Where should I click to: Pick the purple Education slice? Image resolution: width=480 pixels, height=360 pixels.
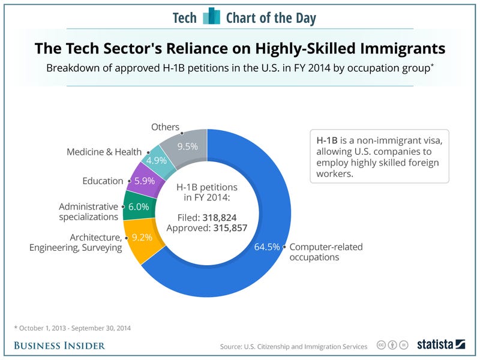(x=144, y=179)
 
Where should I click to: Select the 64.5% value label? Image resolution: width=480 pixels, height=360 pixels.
(x=267, y=246)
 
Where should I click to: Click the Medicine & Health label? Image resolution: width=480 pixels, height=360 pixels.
(x=104, y=152)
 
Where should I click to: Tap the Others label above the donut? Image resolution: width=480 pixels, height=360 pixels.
(x=165, y=127)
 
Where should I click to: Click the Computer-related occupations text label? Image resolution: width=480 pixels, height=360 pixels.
(x=326, y=252)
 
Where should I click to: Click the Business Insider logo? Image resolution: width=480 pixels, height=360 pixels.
(x=59, y=345)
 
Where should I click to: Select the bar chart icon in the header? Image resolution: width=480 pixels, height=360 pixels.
(x=211, y=16)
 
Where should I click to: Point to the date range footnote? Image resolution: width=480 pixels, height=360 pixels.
(x=72, y=328)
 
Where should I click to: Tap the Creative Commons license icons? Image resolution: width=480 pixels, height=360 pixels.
(x=392, y=346)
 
